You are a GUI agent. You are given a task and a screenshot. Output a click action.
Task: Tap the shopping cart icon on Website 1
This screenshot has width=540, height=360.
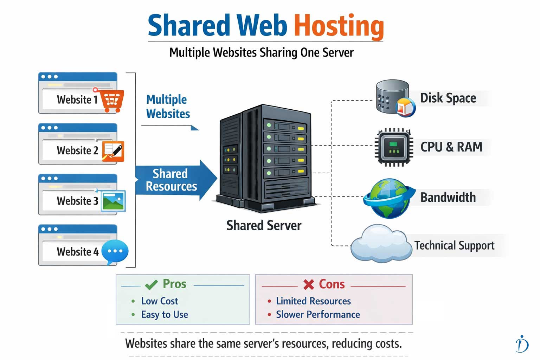pos(112,101)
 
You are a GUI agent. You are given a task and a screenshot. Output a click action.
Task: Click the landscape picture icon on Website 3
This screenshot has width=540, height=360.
pos(113,201)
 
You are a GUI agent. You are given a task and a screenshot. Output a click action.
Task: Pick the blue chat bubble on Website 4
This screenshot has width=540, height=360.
pos(115,252)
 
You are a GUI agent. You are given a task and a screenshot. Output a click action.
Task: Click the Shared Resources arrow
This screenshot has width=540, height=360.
pos(174,180)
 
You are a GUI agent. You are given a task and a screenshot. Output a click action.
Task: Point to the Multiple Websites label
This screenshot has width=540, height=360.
pos(168,107)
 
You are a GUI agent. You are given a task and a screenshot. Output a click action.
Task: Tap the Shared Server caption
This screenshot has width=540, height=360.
pos(264,225)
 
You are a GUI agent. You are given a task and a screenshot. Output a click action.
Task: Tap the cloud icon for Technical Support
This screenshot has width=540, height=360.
pos(381,244)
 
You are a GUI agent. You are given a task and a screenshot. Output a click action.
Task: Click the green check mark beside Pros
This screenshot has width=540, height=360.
pos(151,284)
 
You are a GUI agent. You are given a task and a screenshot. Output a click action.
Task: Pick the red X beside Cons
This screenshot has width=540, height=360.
pos(308,284)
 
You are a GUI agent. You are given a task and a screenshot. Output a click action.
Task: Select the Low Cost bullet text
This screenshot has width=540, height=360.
pos(159,301)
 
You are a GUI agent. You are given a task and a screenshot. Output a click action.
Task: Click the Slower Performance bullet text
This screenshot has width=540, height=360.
pos(317,314)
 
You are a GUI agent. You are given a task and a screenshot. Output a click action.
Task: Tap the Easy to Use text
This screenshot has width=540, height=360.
pos(164,314)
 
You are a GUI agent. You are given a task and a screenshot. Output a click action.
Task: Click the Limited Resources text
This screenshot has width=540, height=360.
pos(313,301)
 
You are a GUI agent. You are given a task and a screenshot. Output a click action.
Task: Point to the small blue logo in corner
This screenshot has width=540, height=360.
pos(522,344)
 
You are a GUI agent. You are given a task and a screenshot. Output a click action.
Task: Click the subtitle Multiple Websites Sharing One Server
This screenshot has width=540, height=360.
pos(261,53)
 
